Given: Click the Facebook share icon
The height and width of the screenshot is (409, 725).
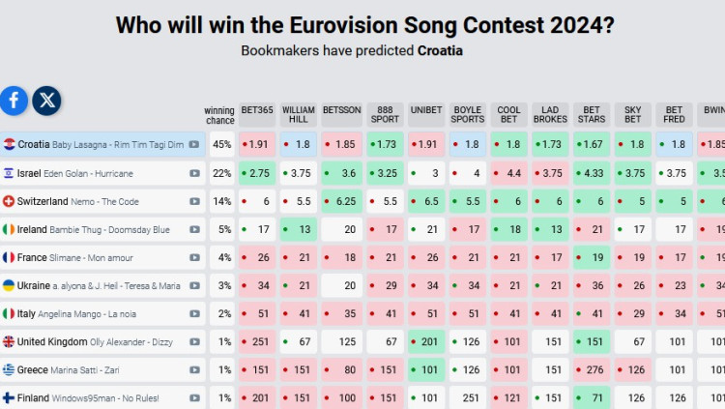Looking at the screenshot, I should pos(14,100).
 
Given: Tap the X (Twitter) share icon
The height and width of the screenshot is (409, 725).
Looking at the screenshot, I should pos(47,100).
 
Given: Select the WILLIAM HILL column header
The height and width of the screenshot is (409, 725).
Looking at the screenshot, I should pos(299,115).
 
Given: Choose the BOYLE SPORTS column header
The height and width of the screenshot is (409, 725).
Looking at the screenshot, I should pos(468,115).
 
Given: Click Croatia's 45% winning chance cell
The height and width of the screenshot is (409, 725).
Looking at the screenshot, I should pos(221,144).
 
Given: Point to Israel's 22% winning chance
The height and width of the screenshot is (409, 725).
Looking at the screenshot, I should pos(221,173).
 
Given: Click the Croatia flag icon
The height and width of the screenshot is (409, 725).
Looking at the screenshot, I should pos(9,144).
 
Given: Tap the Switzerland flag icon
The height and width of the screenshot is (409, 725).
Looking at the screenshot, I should pos(9,201).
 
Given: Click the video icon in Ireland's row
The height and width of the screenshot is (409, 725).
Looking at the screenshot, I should pos(194,230).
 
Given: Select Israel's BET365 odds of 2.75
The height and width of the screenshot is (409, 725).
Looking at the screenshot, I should pos(258,173).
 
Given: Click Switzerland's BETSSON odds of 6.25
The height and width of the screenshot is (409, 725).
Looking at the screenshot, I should pos(341,201).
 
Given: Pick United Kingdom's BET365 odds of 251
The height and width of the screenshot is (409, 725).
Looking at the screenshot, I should pos(258,341).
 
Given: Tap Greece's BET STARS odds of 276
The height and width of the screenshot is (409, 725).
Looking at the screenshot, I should pos(591,369).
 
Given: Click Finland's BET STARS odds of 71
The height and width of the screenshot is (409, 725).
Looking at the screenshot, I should pos(591,397).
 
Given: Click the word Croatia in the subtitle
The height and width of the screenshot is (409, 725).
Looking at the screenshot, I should pos(439,49).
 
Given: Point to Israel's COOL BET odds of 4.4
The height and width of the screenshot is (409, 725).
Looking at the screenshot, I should pos(509,173).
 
